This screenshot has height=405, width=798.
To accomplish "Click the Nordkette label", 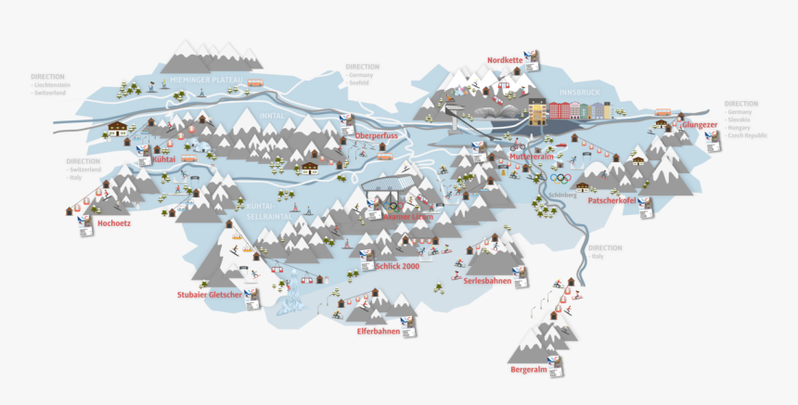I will click(505, 60).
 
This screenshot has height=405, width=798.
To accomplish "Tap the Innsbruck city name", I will click(581, 93).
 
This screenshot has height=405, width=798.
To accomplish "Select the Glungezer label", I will click(700, 124).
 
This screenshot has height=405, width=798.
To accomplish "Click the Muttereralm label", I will click(531, 157).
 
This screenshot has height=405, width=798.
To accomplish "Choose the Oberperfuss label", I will click(376, 136).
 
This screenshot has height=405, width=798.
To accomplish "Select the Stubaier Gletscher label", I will click(209, 295).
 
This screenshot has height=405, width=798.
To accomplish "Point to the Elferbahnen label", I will click(378, 331).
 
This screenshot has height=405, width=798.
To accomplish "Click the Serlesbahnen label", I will click(487, 281).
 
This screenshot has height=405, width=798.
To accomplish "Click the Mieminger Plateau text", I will click(199, 81).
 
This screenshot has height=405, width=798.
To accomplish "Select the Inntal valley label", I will click(272, 116).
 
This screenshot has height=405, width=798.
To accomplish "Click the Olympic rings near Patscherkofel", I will click(559, 178).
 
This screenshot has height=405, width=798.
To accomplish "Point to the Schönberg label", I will click(563, 196).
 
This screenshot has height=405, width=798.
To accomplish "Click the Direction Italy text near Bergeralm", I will click(605, 252).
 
